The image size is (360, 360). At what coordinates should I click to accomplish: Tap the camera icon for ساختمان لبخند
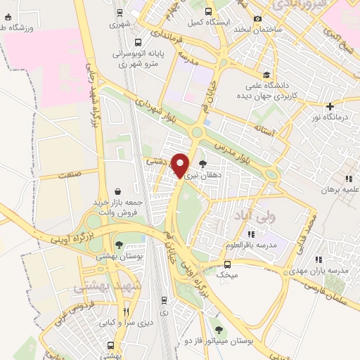tap(258, 18)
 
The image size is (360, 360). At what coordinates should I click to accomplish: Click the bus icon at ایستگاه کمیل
tap(207, 11)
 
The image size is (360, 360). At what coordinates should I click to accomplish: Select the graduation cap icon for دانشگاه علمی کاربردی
tap(266, 75)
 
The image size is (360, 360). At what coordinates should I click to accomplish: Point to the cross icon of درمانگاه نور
tap(330, 106)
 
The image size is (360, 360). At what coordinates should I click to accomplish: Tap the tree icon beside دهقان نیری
tap(202, 163)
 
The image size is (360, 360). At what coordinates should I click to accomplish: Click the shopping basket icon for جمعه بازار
tap(116, 191)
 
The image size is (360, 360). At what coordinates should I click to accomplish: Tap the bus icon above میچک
tap(226, 264)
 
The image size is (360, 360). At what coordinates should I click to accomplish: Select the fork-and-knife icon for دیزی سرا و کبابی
tap(127, 311)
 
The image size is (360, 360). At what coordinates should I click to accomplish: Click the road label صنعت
tap(70, 173)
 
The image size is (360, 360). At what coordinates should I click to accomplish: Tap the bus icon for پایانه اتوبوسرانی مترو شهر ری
tap(138, 41)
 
